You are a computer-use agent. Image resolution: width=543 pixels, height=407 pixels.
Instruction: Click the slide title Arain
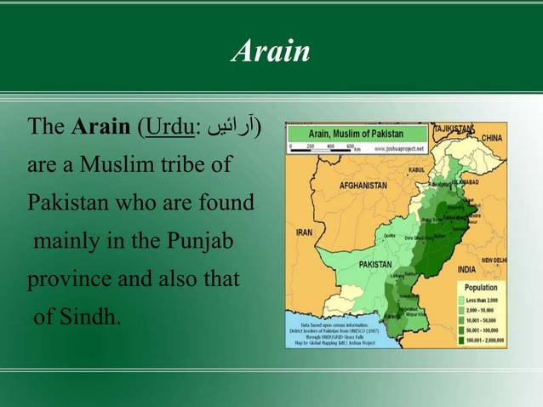pos(271,52)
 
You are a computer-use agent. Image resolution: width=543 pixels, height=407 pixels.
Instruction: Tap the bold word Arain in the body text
pos(100,129)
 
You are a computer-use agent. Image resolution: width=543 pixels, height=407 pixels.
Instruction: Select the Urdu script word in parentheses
pos(232,129)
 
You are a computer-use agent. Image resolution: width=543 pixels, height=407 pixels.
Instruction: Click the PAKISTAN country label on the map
pos(375,265)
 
